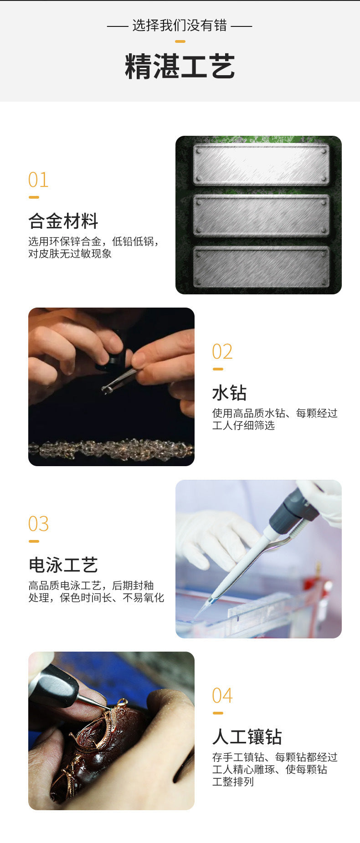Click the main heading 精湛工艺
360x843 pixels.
(180, 66)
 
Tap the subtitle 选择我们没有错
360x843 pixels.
(180, 26)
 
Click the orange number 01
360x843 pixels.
(38, 180)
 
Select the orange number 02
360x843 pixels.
(222, 352)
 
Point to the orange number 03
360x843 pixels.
(38, 524)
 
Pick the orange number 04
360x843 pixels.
(222, 696)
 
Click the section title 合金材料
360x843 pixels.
(63, 221)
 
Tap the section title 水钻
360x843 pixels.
(229, 393)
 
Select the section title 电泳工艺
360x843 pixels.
(63, 565)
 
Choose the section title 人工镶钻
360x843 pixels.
(247, 737)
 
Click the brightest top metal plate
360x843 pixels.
(261, 164)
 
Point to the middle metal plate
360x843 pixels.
(261, 216)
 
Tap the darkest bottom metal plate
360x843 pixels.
(261, 267)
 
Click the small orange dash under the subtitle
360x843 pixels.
(180, 41)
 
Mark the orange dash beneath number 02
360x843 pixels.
(218, 369)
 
